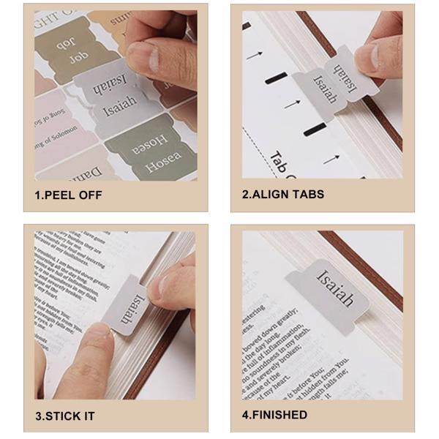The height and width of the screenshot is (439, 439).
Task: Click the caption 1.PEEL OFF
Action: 69,195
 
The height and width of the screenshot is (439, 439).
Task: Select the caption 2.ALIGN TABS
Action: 282,195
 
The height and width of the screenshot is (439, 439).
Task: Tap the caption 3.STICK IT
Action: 65,416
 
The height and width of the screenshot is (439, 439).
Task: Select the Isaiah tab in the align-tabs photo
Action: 333,84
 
